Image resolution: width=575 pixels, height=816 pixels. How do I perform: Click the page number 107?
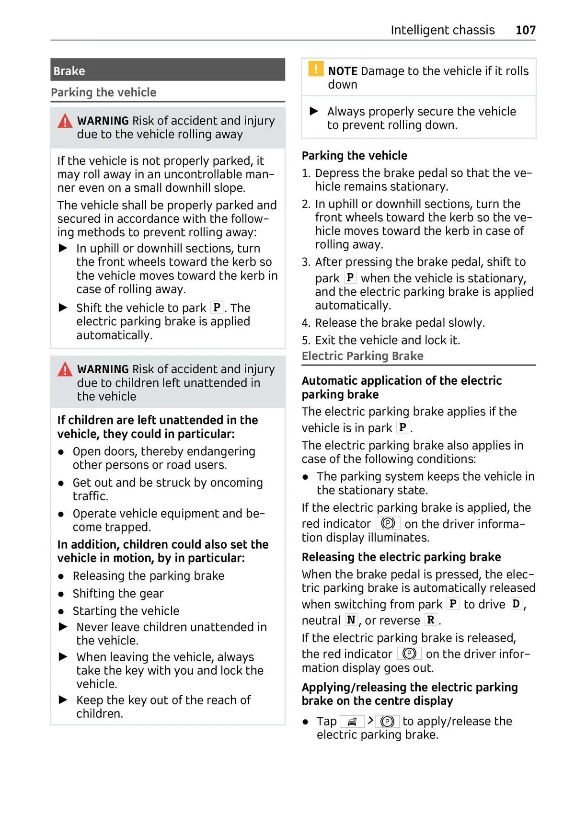pyautogui.click(x=525, y=30)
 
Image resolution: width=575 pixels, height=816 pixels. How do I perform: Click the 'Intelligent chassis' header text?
pyautogui.click(x=442, y=30)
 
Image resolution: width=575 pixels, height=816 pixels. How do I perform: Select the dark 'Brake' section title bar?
pyautogui.click(x=167, y=70)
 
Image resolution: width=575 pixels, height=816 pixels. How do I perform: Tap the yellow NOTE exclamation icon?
pyautogui.click(x=316, y=69)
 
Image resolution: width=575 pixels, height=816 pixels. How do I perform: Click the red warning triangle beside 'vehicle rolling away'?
pyautogui.click(x=65, y=121)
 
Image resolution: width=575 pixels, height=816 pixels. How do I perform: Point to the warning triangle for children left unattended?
pyautogui.click(x=65, y=369)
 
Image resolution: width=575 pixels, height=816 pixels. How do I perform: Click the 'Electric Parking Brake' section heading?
pyautogui.click(x=362, y=356)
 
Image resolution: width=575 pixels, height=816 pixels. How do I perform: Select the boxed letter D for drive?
pyautogui.click(x=516, y=604)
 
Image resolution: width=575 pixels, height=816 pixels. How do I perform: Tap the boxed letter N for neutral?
pyautogui.click(x=351, y=620)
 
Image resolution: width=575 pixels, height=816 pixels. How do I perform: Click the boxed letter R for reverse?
pyautogui.click(x=431, y=620)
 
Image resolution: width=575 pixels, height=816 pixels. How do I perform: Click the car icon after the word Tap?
pyautogui.click(x=352, y=722)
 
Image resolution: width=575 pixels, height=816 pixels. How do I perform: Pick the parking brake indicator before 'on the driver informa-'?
pyautogui.click(x=388, y=523)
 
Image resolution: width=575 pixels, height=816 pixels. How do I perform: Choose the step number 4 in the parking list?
pyautogui.click(x=306, y=323)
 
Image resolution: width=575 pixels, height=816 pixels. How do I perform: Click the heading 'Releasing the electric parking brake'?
pyautogui.click(x=401, y=557)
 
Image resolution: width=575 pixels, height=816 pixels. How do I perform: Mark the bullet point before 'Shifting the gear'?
pyautogui.click(x=61, y=594)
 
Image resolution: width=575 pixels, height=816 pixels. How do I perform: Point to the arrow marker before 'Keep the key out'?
pyautogui.click(x=63, y=700)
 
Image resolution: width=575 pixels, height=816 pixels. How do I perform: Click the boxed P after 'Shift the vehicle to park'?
pyautogui.click(x=217, y=307)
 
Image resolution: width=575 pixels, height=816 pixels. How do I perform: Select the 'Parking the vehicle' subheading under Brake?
pyautogui.click(x=103, y=92)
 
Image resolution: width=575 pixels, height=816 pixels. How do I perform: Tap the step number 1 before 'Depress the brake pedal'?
pyautogui.click(x=306, y=173)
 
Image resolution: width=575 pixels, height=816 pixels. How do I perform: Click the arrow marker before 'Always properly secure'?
pyautogui.click(x=314, y=112)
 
